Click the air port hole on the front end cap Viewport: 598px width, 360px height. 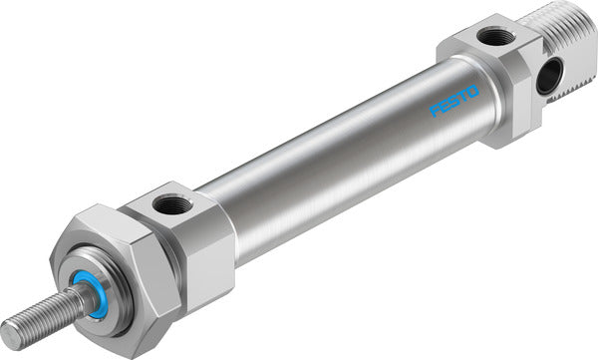coord(164,206)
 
